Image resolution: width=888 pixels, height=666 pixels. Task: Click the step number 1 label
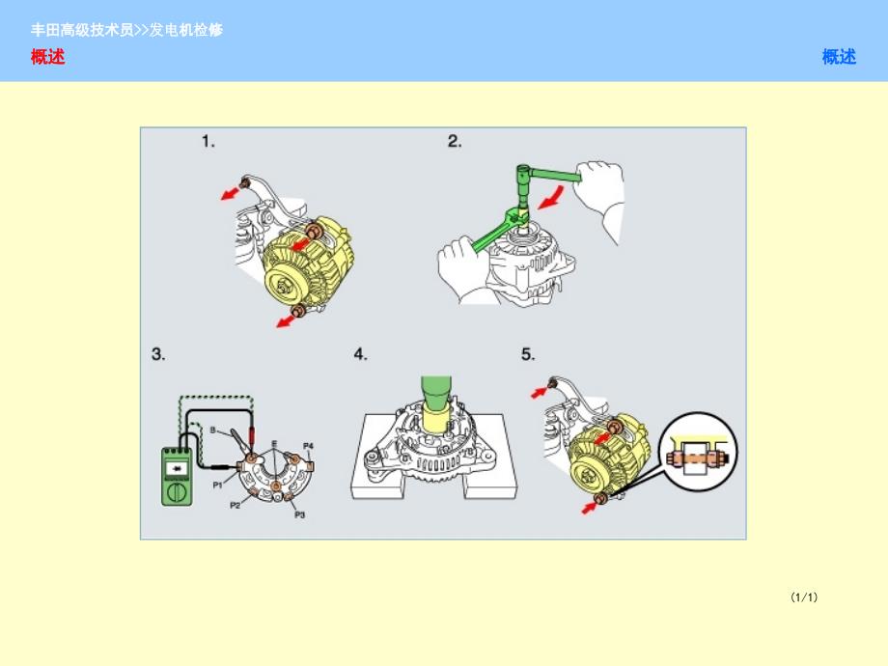208,141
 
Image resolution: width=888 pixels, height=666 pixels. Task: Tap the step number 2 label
455,141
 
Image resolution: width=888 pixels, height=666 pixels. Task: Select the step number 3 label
158,354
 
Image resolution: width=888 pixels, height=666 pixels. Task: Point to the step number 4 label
360,354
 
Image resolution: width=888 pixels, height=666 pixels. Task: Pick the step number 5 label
528,354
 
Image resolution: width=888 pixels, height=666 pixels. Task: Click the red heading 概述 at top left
47,57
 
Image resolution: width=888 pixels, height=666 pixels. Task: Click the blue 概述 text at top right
839,57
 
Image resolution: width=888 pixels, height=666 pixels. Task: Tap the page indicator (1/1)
804,597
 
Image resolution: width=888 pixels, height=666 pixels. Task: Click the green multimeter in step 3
178,476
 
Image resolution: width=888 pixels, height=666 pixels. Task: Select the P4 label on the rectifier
308,446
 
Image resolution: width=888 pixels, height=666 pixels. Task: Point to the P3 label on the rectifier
299,514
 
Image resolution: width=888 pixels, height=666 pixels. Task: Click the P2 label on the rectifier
235,505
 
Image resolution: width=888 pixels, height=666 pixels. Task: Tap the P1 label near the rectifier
217,485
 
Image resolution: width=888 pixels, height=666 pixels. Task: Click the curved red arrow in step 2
551,198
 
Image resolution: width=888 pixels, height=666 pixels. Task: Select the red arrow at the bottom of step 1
286,321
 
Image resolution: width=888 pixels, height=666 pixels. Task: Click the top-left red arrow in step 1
230,194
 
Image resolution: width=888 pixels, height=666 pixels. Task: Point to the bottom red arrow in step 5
590,508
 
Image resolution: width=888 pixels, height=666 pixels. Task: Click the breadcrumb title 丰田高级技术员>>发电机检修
126,30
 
